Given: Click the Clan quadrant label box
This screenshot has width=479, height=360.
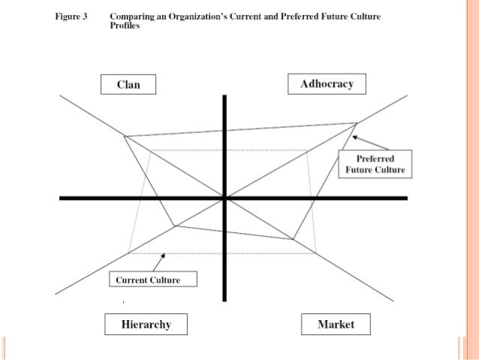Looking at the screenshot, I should [129, 85].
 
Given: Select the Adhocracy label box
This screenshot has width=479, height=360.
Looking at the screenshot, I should [327, 83].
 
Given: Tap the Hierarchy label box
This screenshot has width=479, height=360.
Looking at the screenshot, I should [146, 325].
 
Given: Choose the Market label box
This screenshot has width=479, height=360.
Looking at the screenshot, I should [336, 325].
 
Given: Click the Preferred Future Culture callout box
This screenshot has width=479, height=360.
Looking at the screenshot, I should [375, 164].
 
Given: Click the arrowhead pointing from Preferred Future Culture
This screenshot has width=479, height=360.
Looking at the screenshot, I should [354, 137].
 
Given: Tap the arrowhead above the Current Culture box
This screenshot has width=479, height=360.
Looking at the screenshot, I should [163, 256].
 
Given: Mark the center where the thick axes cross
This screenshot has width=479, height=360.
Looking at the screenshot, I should [224, 198].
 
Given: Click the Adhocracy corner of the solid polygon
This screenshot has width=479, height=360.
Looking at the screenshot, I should [357, 123].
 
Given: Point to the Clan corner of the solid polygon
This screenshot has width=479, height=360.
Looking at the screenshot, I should [124, 136].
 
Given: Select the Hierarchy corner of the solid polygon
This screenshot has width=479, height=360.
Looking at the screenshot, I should [174, 225].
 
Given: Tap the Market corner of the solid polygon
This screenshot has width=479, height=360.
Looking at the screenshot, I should [293, 240].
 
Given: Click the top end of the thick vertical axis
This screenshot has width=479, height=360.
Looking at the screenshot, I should [224, 95].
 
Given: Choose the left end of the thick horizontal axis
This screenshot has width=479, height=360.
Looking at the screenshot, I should [61, 198].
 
